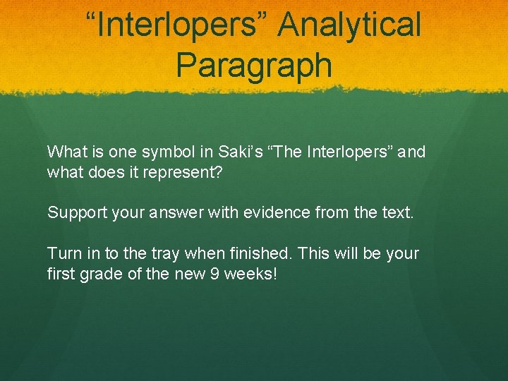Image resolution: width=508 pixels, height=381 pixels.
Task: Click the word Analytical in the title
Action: [x=350, y=26]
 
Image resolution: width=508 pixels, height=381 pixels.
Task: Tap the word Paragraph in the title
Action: [x=254, y=65]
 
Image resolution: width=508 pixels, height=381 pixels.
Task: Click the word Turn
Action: [x=63, y=253]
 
